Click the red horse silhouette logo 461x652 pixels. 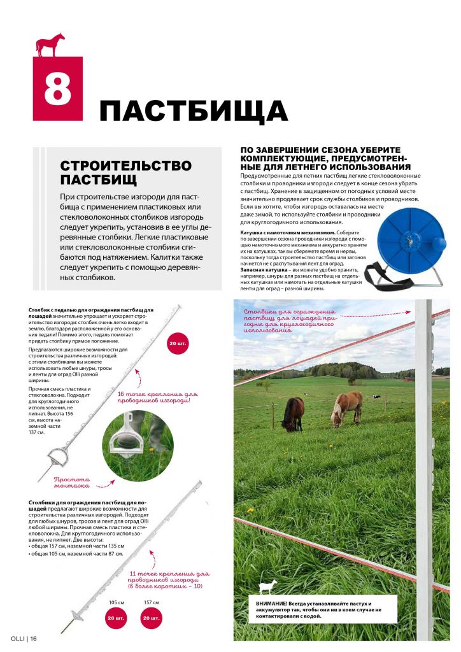coord(50,45)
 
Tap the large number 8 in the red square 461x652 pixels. coord(58,90)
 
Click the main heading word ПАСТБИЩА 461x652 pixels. coord(194,111)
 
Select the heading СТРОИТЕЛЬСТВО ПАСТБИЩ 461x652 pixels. coord(125,172)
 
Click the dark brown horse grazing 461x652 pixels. coord(292,413)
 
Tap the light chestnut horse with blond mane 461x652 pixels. coord(347,407)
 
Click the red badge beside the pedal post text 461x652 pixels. coord(178,344)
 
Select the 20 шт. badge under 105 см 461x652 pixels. coord(115,618)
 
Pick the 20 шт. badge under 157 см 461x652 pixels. coord(152,618)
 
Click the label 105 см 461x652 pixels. coord(115,602)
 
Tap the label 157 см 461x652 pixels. coord(152,602)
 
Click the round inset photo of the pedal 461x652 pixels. coord(138,446)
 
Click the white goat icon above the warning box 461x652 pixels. coord(266,586)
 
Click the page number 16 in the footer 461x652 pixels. coord(33,639)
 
